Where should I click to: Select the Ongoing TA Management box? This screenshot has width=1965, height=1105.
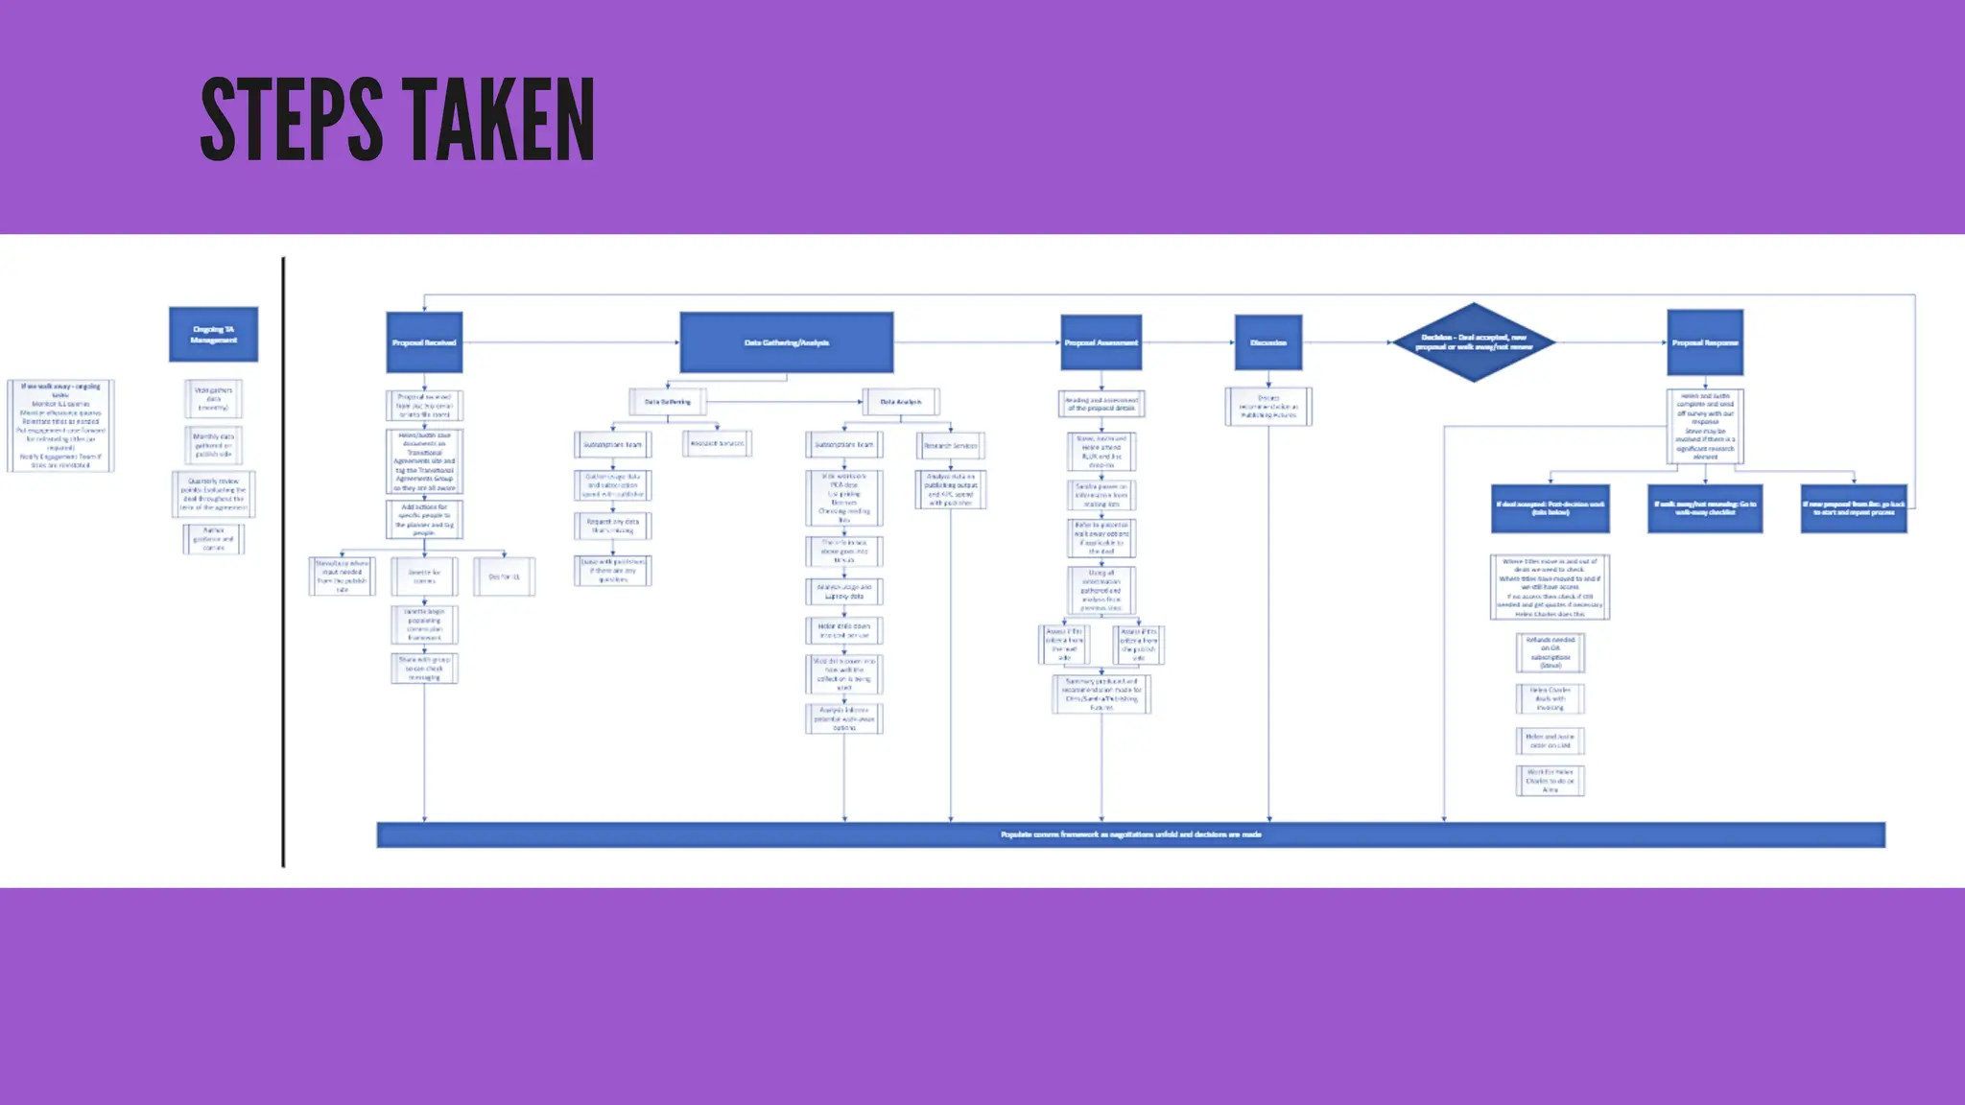(213, 335)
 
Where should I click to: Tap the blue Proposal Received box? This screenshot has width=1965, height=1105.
(424, 342)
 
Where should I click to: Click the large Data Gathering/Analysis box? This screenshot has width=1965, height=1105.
(786, 342)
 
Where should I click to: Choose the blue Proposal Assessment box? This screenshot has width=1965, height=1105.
(1101, 342)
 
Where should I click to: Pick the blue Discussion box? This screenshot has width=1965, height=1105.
(1267, 342)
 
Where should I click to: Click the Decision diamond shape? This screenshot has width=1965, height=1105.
(1473, 342)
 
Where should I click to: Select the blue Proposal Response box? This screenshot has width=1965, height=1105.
(1704, 342)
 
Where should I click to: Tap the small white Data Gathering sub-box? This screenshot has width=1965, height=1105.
(667, 402)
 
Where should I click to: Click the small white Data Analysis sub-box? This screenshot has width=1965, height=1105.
(900, 402)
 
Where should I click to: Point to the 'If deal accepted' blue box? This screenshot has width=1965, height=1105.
(1550, 508)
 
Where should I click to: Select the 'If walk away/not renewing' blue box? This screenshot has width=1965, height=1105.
(1704, 508)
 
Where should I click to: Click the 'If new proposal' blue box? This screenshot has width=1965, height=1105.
(1853, 508)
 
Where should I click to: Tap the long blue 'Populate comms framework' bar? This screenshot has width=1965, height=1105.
(1130, 835)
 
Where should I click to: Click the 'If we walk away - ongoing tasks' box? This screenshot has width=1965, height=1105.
(60, 426)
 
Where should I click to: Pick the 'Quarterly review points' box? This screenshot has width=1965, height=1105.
(213, 495)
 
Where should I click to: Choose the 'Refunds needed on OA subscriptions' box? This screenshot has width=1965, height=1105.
(1550, 653)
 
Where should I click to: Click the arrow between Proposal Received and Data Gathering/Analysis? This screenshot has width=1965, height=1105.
(571, 342)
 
